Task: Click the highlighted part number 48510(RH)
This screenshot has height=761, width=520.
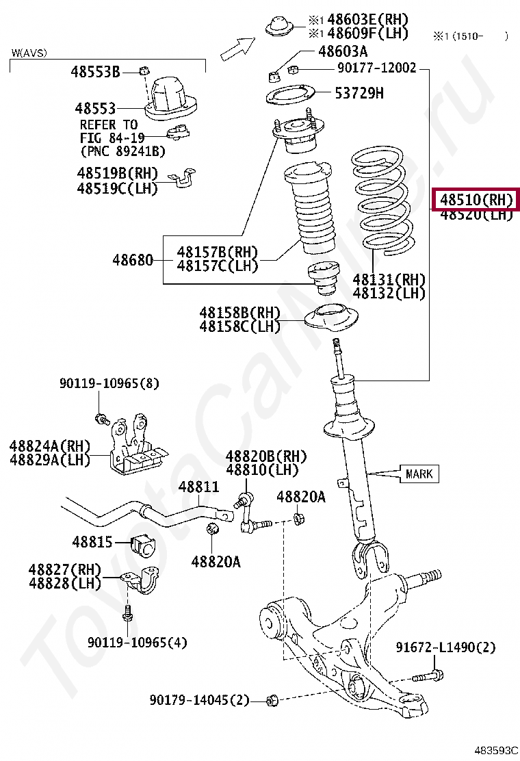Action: point(476,200)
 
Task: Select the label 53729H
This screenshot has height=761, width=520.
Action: point(359,93)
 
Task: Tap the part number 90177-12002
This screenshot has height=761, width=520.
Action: point(376,68)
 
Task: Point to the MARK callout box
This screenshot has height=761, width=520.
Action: point(419,474)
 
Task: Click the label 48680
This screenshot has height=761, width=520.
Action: point(133,260)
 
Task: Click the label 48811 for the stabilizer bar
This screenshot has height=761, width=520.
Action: point(198,487)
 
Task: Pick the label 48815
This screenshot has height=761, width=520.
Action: point(92,542)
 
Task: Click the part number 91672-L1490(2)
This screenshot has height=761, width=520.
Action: point(445,647)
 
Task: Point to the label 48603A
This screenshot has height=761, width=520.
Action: point(343,51)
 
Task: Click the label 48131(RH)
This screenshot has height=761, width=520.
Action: point(389,279)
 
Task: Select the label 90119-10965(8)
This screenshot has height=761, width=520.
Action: point(108,383)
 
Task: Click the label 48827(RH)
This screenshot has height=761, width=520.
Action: point(64,569)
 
